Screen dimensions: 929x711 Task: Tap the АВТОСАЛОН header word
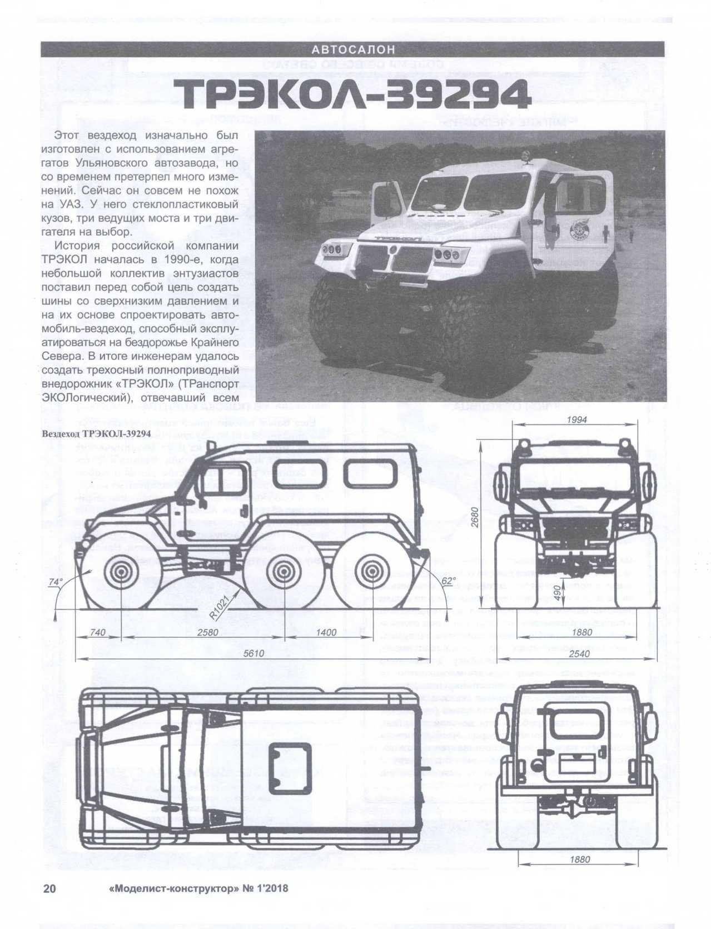(353, 49)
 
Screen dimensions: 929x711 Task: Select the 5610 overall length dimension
(253, 653)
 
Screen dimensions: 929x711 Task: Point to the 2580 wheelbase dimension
(207, 632)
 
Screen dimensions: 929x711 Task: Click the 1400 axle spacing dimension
(326, 632)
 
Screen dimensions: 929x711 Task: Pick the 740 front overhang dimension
(97, 632)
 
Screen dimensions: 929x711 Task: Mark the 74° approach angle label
(56, 582)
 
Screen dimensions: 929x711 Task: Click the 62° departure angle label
(448, 580)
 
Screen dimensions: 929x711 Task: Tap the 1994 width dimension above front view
(576, 420)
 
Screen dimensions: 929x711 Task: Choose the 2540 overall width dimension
(579, 654)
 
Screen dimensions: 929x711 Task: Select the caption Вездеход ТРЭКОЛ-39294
(96, 434)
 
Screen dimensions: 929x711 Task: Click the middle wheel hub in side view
(283, 574)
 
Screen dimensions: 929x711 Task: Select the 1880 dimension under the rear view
(580, 860)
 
